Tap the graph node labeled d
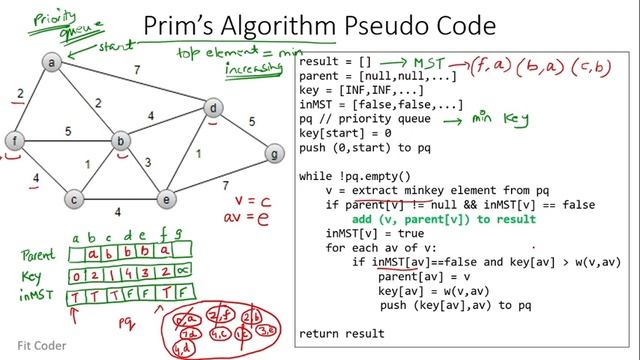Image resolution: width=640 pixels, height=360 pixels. coord(212,107)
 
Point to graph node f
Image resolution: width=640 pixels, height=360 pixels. coord(14,140)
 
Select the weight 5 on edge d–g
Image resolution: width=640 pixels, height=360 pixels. coord(251,122)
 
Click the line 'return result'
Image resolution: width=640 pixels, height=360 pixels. coord(341,333)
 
